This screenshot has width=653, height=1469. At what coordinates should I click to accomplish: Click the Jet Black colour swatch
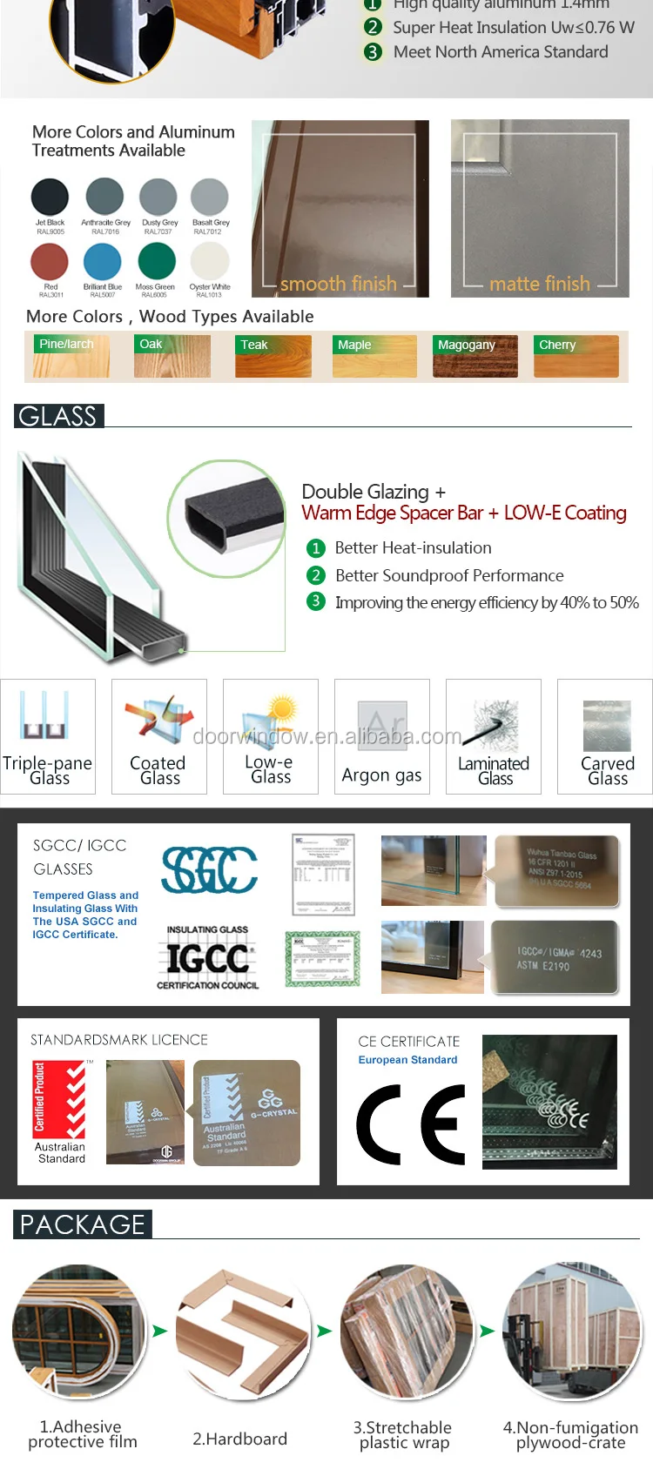[x=50, y=198]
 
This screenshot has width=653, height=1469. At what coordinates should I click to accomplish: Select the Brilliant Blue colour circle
[x=102, y=262]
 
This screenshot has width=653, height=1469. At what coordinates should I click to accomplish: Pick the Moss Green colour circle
[x=156, y=261]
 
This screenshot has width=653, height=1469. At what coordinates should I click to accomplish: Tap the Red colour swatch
[x=50, y=262]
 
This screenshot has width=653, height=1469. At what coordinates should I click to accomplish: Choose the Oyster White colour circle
[x=209, y=261]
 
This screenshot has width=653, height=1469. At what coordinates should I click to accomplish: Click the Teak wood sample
[x=273, y=356]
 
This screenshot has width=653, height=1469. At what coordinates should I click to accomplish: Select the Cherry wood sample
[x=576, y=356]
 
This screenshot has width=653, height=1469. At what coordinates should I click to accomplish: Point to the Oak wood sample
[x=172, y=356]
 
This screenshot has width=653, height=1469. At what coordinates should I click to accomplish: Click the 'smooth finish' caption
[x=338, y=284]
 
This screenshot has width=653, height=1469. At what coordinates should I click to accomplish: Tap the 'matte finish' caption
[x=539, y=284]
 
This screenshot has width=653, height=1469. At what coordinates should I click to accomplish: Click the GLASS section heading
[x=58, y=416]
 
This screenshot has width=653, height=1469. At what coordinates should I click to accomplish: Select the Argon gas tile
[x=381, y=737]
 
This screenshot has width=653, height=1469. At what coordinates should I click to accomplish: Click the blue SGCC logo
[x=209, y=870]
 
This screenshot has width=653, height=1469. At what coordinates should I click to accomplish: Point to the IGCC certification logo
[x=207, y=958]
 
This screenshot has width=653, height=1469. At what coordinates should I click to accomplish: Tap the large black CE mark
[x=410, y=1124]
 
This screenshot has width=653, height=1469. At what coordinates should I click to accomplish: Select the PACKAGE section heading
[x=83, y=1224]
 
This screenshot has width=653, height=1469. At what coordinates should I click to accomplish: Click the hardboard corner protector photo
[x=243, y=1332]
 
